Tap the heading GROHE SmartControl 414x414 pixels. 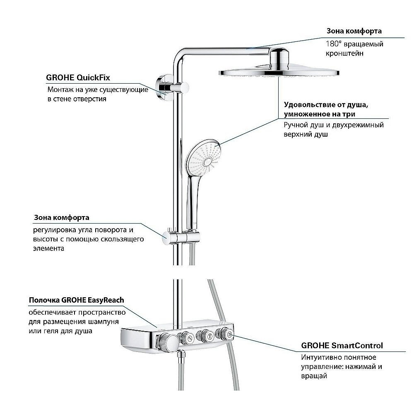[x=342, y=345]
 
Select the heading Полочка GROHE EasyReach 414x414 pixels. [x=76, y=300]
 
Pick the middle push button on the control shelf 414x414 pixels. [x=205, y=336]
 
